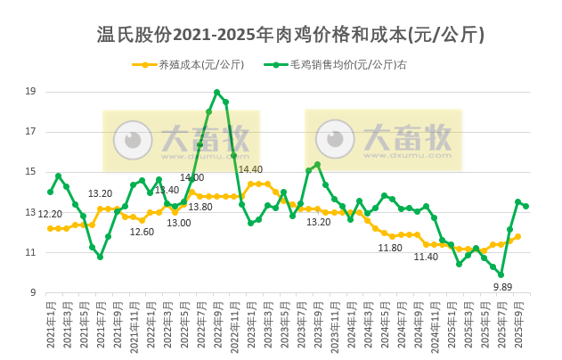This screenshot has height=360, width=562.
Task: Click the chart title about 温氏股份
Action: (x=290, y=35)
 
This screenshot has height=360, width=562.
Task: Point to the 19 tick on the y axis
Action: (x=30, y=91)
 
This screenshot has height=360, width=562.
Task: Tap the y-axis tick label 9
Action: (x=33, y=292)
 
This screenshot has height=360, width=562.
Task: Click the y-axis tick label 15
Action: (x=30, y=172)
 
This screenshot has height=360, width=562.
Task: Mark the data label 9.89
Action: (x=502, y=287)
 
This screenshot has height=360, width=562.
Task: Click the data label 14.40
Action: (x=250, y=169)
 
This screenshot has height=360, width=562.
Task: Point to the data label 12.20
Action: (x=50, y=214)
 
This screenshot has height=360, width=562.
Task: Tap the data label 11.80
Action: (x=390, y=248)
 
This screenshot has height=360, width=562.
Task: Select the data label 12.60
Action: (x=142, y=232)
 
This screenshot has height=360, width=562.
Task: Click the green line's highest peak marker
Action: (x=216, y=92)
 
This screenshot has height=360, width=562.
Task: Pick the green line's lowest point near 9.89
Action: (x=501, y=274)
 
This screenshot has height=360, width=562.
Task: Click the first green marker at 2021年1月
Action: (x=50, y=192)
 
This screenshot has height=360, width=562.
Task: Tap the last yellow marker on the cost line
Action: (x=517, y=236)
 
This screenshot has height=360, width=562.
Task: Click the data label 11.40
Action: (x=426, y=257)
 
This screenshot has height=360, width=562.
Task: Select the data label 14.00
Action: (x=191, y=177)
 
